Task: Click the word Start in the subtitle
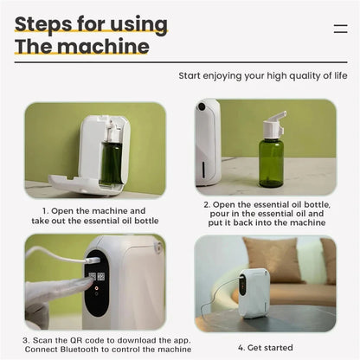click(x=191, y=76)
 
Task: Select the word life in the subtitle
click(x=338, y=76)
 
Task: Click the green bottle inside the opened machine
click(x=112, y=162)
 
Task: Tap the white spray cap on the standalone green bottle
click(x=273, y=125)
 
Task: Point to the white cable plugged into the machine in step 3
click(x=52, y=252)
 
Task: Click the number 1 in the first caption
click(x=44, y=210)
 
